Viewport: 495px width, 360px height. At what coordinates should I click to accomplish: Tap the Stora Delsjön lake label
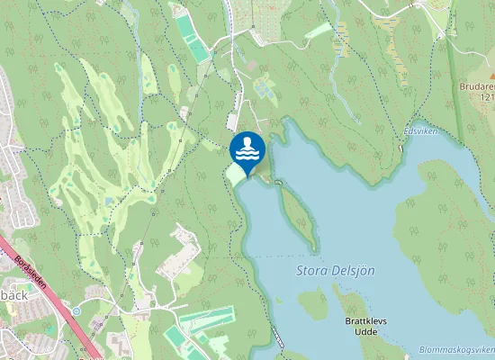[335, 270]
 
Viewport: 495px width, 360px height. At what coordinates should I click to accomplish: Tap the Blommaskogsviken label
[457, 350]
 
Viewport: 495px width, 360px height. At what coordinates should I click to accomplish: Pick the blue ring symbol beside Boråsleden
[76, 310]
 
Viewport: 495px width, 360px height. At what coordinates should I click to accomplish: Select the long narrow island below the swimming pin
[298, 216]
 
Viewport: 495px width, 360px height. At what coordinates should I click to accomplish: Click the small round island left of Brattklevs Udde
[312, 303]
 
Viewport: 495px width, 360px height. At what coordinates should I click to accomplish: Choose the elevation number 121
[489, 96]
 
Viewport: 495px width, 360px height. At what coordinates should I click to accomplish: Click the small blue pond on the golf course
[107, 199]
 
